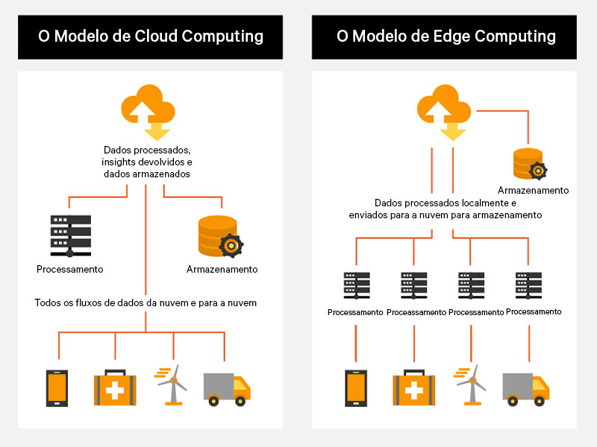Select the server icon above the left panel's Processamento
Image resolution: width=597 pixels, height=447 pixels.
(x=70, y=233)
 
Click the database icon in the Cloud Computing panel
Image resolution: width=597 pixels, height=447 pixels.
(x=219, y=236)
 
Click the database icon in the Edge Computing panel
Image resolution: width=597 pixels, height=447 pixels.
(x=529, y=164)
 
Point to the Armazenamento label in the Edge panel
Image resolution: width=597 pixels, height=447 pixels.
(x=533, y=191)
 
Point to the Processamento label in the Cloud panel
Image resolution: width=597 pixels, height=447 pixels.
(x=69, y=269)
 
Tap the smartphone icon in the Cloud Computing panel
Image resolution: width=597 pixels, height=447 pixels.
(x=57, y=388)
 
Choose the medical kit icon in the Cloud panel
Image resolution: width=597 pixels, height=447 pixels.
(x=115, y=389)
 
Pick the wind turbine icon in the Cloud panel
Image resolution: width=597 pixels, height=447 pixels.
(x=172, y=384)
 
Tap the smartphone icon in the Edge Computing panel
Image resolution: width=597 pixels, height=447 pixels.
(x=355, y=388)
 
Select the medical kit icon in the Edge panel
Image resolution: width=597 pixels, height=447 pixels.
(x=413, y=389)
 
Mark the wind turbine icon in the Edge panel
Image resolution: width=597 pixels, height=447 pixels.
(x=469, y=384)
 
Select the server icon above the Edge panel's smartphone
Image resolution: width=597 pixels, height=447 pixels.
(x=355, y=286)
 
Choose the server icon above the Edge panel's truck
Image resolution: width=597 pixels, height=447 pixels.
(x=528, y=286)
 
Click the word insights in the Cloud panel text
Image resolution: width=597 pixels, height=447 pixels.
(x=120, y=162)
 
